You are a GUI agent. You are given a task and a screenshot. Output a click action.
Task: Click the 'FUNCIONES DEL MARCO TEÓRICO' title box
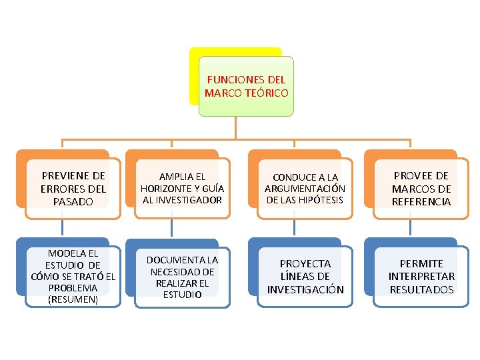click(x=247, y=86)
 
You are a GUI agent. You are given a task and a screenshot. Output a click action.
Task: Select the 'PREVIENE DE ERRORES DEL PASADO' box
click(x=73, y=188)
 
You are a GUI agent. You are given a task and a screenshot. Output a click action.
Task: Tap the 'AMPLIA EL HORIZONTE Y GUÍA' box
click(x=182, y=188)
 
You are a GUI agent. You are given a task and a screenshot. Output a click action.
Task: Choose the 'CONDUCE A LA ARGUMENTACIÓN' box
click(x=305, y=188)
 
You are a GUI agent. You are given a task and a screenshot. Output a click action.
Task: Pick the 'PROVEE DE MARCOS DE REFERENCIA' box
click(x=421, y=188)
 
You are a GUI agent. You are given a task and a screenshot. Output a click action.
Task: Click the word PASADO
click(x=73, y=201)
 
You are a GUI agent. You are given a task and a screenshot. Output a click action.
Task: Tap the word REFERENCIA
click(x=421, y=201)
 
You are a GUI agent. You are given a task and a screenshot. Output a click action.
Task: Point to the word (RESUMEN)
click(x=73, y=299)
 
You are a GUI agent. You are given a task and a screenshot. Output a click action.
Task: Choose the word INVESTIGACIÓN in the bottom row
click(x=305, y=289)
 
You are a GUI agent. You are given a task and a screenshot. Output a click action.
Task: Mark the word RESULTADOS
click(x=421, y=289)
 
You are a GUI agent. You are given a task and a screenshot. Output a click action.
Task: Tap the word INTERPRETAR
click(x=421, y=276)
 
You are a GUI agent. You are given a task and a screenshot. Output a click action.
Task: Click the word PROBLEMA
click(x=73, y=288)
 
